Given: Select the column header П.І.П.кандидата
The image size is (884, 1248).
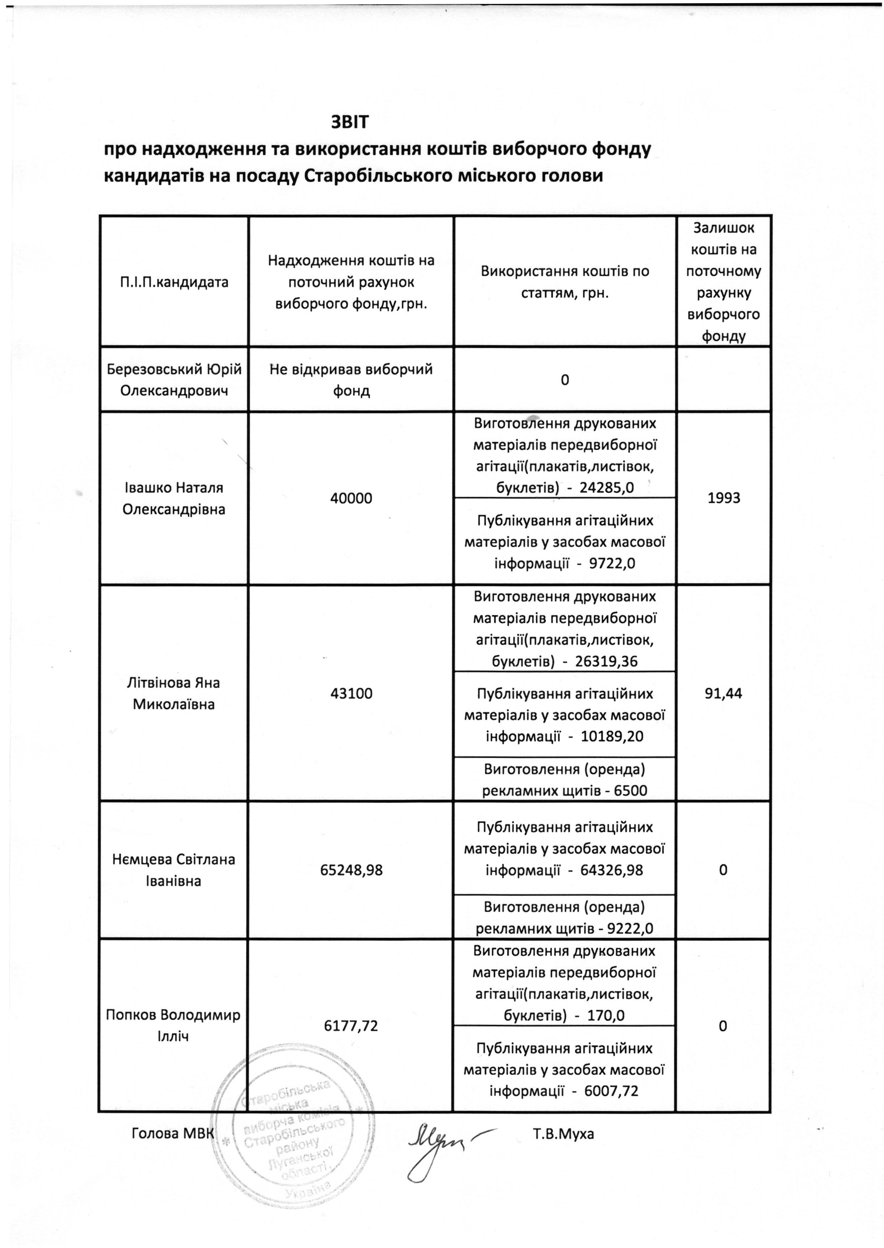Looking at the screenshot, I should click(174, 282).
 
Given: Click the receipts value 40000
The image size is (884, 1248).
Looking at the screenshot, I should click(351, 498).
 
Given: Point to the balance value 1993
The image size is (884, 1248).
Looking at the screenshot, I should click(724, 498).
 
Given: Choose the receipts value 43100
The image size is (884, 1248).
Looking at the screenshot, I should click(351, 693).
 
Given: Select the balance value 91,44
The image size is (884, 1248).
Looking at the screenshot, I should click(724, 693).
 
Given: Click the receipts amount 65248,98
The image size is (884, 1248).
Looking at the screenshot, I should click(351, 870).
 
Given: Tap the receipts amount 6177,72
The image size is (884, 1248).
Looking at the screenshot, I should click(351, 1026).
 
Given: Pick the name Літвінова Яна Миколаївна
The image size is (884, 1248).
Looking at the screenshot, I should click(174, 693).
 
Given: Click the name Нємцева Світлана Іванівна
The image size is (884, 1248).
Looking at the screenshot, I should click(174, 870).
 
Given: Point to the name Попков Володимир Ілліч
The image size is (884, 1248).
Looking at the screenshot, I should click(173, 1026).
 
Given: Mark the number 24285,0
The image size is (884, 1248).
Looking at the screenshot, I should click(606, 487).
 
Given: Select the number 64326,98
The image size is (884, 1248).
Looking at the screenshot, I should click(611, 870).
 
